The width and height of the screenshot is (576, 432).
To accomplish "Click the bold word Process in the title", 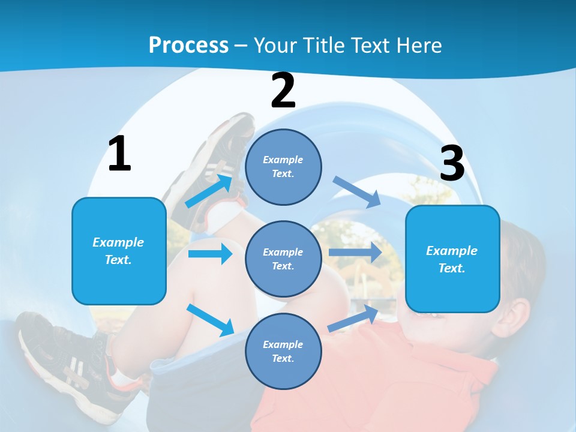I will [x=188, y=45].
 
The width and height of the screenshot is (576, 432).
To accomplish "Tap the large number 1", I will [x=119, y=154].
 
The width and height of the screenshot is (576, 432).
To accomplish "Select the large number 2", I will [x=283, y=91].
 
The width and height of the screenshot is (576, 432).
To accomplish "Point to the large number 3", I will [x=452, y=163].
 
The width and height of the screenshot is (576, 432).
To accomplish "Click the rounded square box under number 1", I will [x=119, y=251].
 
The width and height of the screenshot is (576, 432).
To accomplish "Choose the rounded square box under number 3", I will [x=452, y=259].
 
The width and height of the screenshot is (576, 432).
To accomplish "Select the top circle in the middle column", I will [x=283, y=167].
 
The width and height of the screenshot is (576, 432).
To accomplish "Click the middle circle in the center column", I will [x=283, y=259].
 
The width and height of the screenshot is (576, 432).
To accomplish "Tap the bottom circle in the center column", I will [x=283, y=351].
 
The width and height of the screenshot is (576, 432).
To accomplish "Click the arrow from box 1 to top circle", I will [x=209, y=191].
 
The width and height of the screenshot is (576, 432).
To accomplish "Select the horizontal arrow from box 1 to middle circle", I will [x=210, y=254].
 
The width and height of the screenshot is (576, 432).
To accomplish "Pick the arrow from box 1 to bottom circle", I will [x=211, y=320].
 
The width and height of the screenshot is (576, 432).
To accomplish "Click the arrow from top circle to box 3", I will [x=357, y=192].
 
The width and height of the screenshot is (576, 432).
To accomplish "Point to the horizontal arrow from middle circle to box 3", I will [x=355, y=252].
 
